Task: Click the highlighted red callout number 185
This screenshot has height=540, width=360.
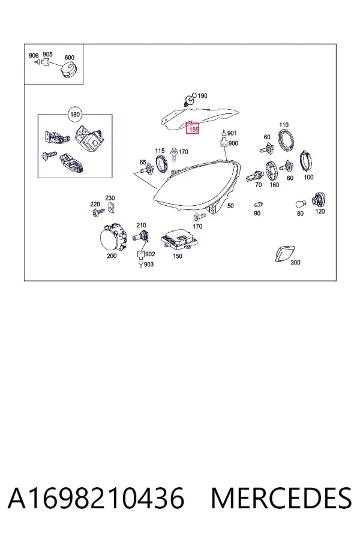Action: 193,129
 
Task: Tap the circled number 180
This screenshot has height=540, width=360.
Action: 75,115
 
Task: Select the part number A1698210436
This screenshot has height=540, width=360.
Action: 96,498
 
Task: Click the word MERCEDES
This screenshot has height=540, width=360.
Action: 281,498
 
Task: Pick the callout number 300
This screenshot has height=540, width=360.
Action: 295,262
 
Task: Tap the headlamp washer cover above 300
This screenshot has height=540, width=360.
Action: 285,253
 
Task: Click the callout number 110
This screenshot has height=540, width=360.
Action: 284,125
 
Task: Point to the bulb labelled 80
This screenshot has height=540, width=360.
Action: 301,205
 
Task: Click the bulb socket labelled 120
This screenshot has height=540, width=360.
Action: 319,200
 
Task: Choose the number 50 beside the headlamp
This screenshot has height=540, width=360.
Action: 230,206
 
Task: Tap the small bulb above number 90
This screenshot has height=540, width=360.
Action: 259,205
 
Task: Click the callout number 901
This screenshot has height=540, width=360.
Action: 232,133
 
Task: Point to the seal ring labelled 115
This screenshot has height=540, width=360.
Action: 162,163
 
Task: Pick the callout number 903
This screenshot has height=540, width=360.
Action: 148,264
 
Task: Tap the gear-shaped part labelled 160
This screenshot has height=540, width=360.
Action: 272,171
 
